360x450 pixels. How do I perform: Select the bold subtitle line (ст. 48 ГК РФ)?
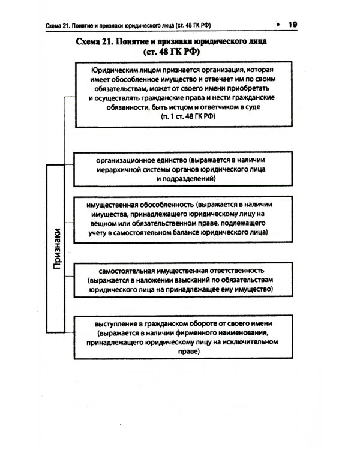180,53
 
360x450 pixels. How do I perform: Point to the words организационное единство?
141,160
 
